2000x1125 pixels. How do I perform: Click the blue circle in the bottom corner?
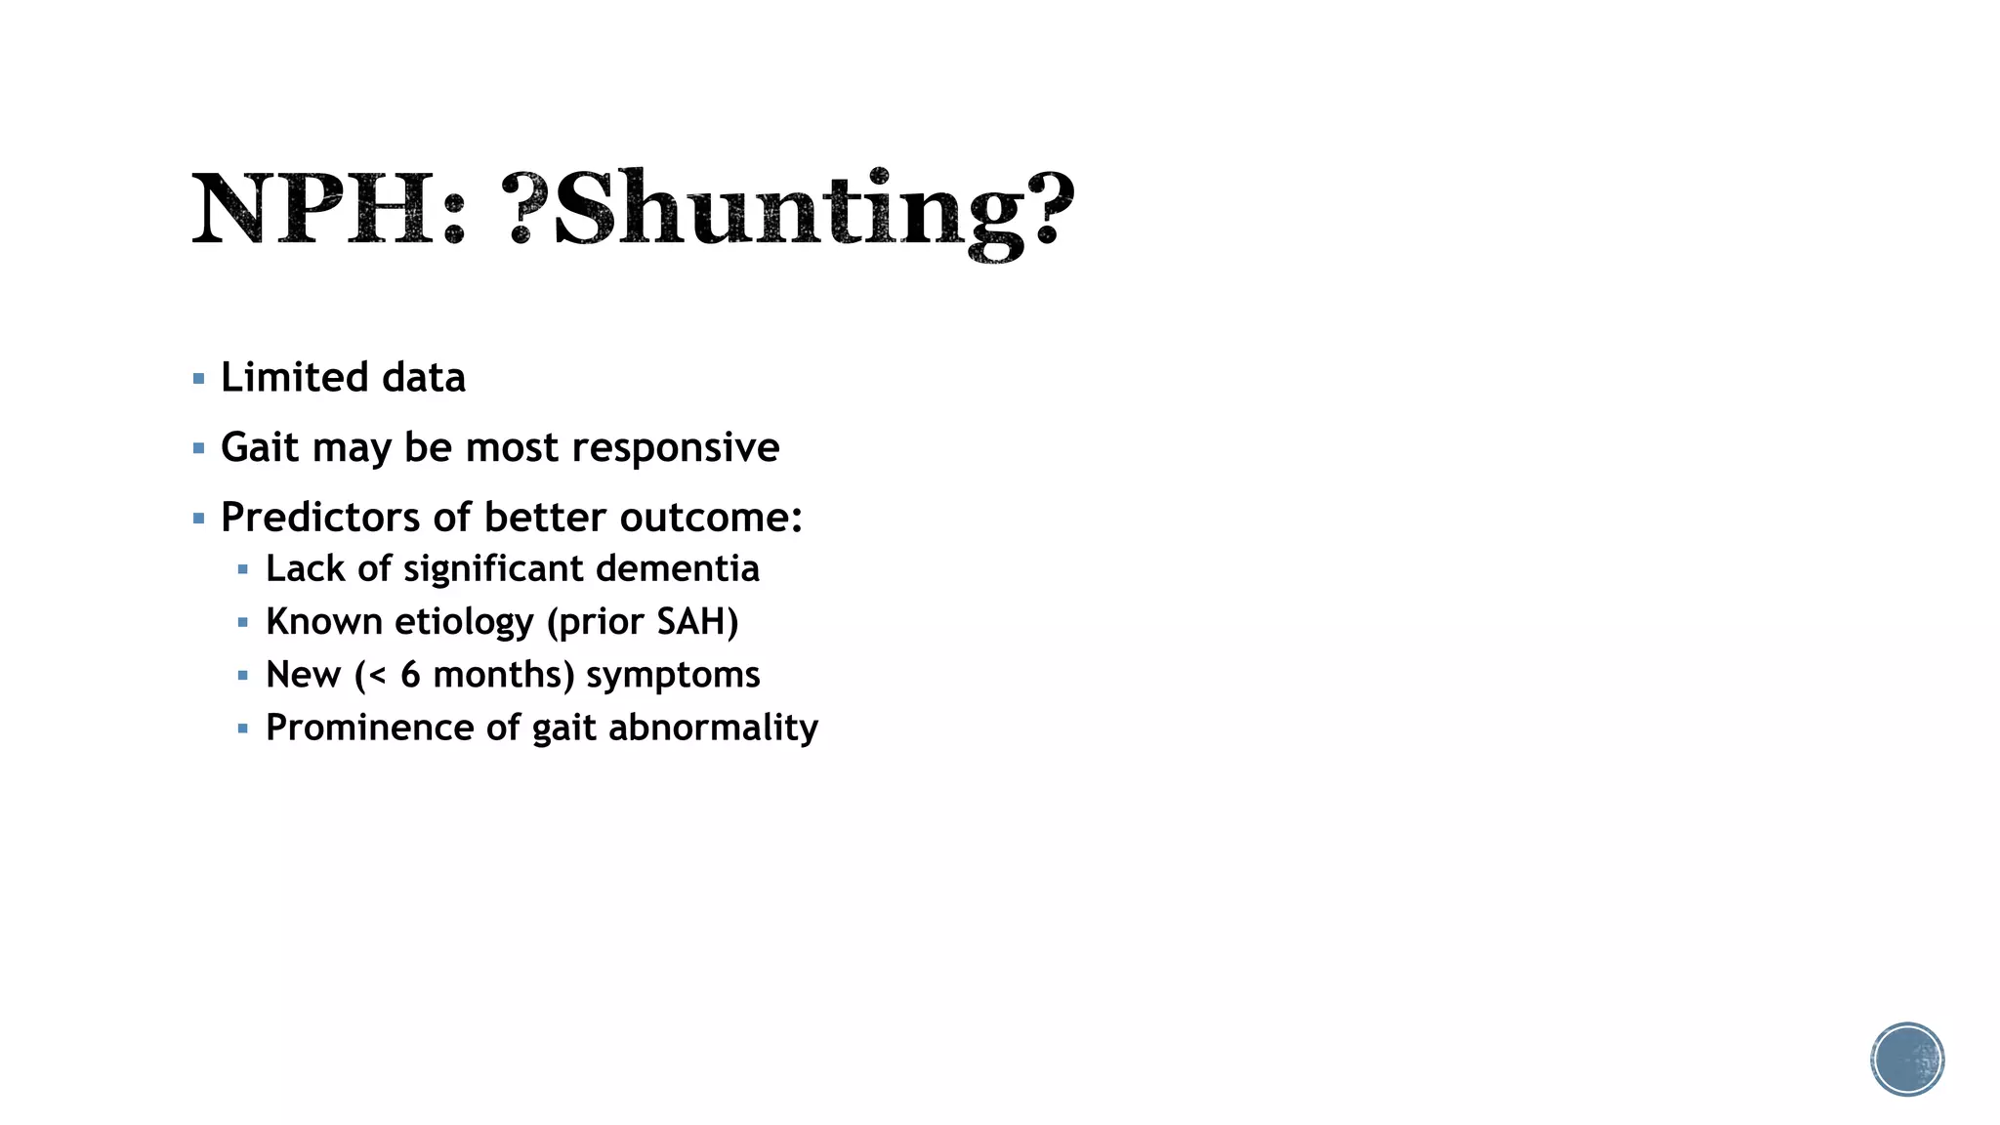1907,1060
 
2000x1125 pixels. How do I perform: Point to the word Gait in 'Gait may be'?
259,448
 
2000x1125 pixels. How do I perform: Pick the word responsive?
675,448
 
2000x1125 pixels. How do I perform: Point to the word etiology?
463,623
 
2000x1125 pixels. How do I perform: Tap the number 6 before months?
410,675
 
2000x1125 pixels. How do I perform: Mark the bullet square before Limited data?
199,379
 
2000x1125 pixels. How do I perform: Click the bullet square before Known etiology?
243,622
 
